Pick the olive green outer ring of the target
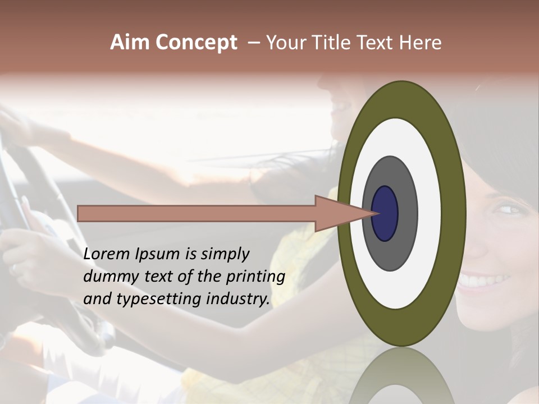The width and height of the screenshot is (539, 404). [x=454, y=213]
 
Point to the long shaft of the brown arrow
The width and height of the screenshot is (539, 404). [x=197, y=213]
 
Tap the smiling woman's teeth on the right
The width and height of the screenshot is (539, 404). [x=483, y=279]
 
